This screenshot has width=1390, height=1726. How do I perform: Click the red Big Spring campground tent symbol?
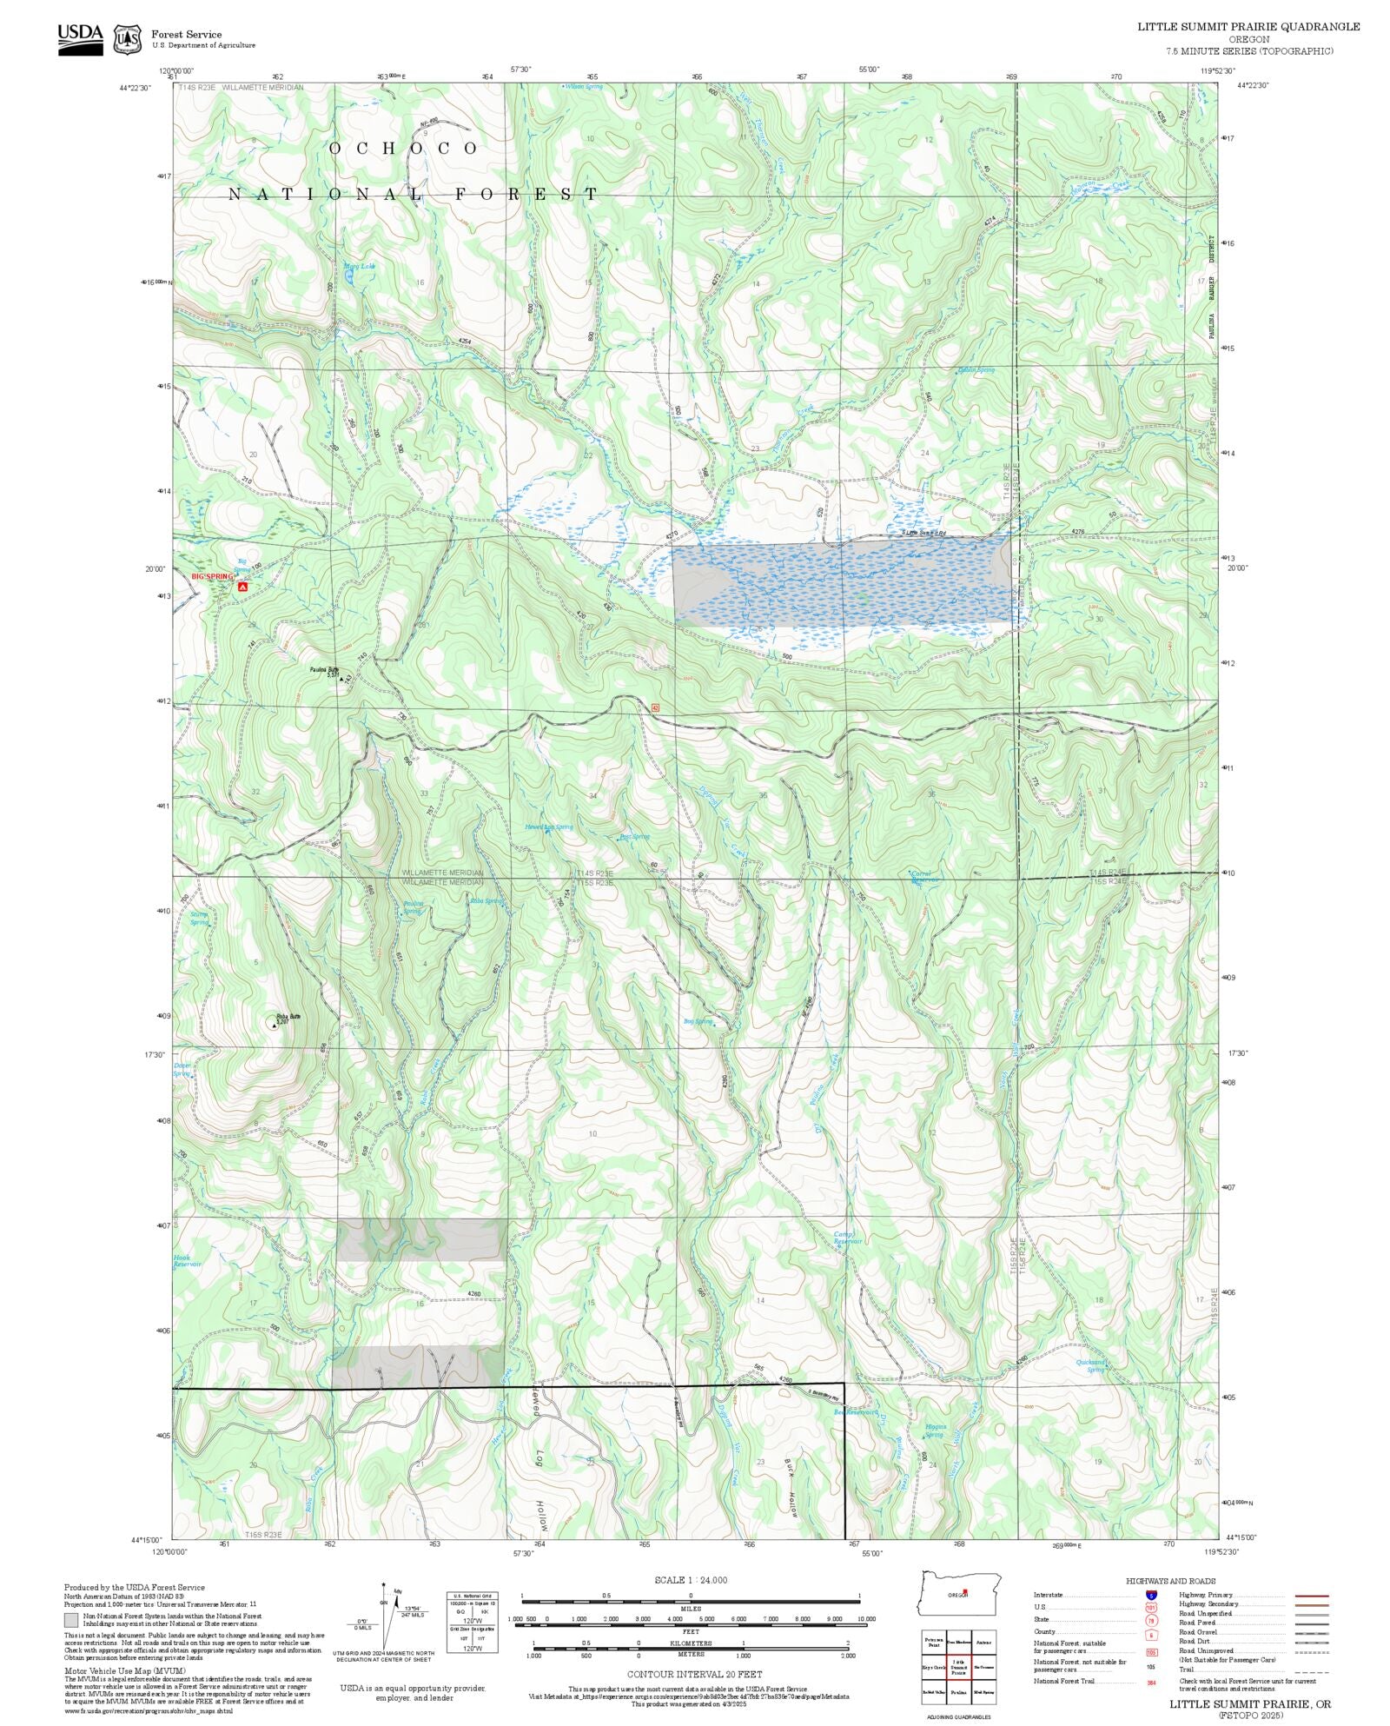tap(243, 587)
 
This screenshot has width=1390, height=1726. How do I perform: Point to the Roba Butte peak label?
tap(288, 1018)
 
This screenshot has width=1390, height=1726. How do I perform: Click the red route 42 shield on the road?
tap(655, 707)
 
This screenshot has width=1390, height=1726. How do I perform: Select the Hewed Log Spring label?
tap(548, 826)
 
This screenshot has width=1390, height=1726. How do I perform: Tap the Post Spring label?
tap(634, 837)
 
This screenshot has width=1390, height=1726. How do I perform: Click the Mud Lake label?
tap(359, 266)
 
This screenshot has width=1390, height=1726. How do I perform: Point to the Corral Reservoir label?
tap(923, 876)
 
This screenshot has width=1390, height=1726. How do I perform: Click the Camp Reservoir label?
tap(848, 1238)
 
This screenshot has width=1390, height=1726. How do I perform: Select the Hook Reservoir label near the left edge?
tap(185, 1260)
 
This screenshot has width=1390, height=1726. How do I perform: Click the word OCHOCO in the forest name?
tap(403, 149)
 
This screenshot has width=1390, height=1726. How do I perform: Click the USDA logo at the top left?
tap(80, 39)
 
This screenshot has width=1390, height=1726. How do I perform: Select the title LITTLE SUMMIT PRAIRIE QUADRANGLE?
tap(1248, 27)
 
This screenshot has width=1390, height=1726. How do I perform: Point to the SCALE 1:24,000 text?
tap(691, 1580)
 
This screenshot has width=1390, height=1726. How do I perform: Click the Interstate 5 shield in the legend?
tap(1151, 1596)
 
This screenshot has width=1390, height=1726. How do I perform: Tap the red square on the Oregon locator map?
tap(964, 1592)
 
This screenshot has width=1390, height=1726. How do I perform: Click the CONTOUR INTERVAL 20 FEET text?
tap(694, 1674)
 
